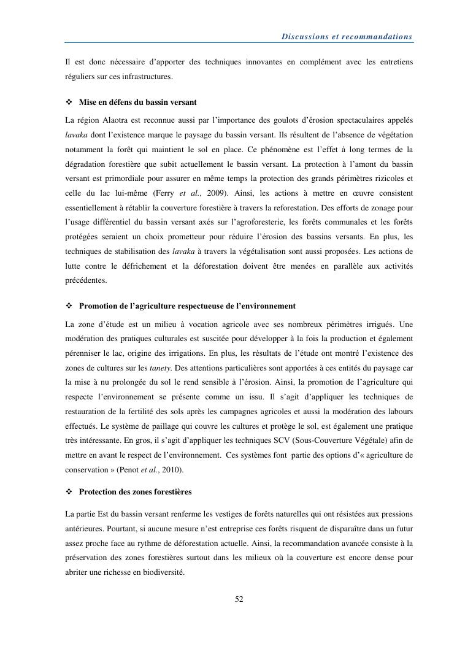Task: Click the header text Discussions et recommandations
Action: [347, 37]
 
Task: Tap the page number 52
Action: [239, 599]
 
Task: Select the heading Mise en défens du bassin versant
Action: [137, 101]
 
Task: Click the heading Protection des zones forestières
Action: [135, 491]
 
